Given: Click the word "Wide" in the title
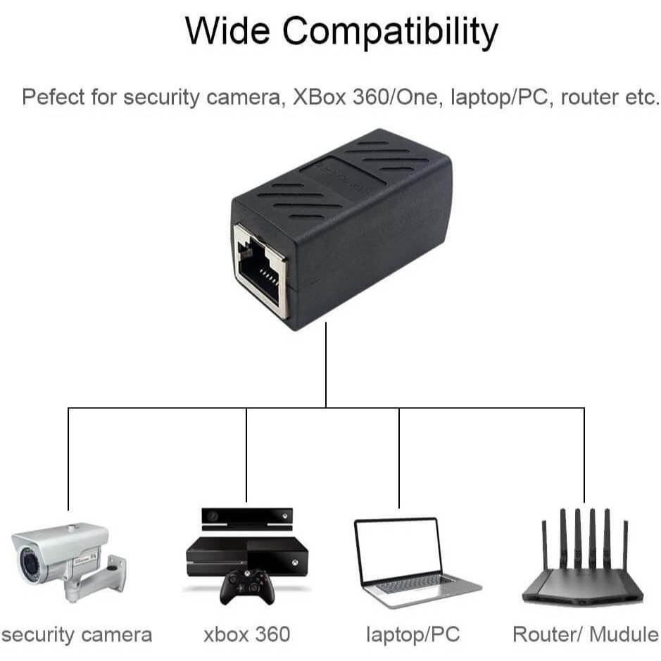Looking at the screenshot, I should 228,30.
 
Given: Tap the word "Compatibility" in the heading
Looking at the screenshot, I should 391,32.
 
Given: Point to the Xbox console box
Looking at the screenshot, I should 246,556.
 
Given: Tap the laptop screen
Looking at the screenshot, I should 398,548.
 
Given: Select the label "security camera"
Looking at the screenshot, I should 77,635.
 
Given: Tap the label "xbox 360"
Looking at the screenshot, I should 246,635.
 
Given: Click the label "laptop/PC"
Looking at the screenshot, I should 413,635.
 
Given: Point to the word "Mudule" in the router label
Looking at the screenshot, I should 623,635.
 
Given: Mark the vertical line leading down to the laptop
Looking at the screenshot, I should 399,458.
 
